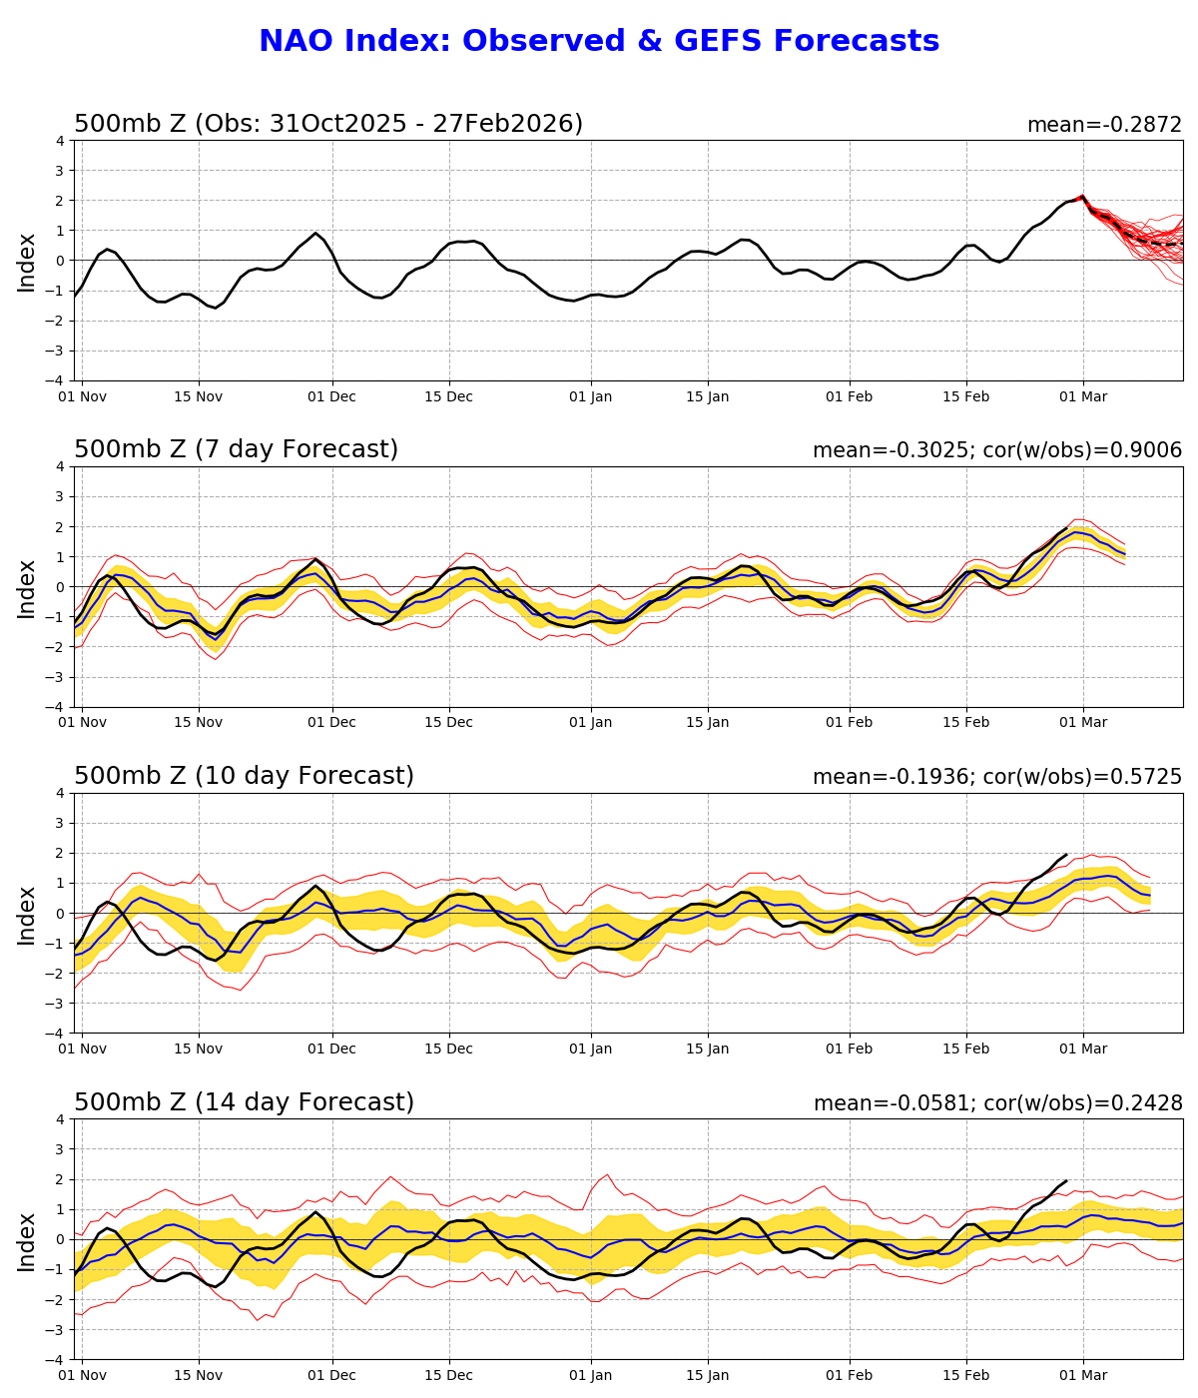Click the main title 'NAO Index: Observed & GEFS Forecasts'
coord(599,42)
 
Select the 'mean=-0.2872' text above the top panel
coord(1104,125)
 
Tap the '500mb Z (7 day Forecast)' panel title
coord(237,450)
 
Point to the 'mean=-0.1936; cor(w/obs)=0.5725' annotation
coord(997,777)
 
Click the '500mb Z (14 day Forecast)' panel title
coord(245,1103)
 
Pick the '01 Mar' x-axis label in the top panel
coord(1082,396)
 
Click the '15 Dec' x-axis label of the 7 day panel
coord(448,723)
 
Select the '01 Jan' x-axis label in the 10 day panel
coord(590,1049)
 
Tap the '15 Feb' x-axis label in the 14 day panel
coord(965,1376)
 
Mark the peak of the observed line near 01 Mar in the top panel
coord(1082,197)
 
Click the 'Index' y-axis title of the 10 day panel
coord(27,915)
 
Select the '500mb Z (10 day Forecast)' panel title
coord(245,777)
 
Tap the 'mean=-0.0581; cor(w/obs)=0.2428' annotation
coord(997,1103)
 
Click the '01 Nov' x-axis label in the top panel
coord(82,396)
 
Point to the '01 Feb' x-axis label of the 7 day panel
coord(849,723)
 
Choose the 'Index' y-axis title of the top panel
coord(27,262)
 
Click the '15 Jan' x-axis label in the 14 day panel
coord(707,1376)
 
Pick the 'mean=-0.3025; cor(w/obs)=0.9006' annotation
coord(997,450)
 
